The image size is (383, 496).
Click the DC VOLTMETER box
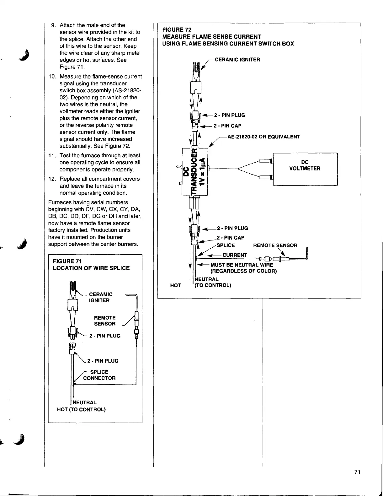click(305, 169)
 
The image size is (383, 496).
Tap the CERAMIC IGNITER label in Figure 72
click(237, 60)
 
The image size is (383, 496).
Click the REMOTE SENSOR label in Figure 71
click(105, 321)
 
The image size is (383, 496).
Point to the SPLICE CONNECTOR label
click(99, 375)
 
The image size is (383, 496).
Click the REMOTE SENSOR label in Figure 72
click(275, 245)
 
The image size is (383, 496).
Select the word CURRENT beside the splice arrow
click(235, 255)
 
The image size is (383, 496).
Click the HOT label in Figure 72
click(175, 285)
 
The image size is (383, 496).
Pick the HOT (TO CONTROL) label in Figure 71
click(81, 409)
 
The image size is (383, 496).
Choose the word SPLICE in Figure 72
click(226, 245)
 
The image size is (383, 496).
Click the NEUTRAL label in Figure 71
click(85, 402)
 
